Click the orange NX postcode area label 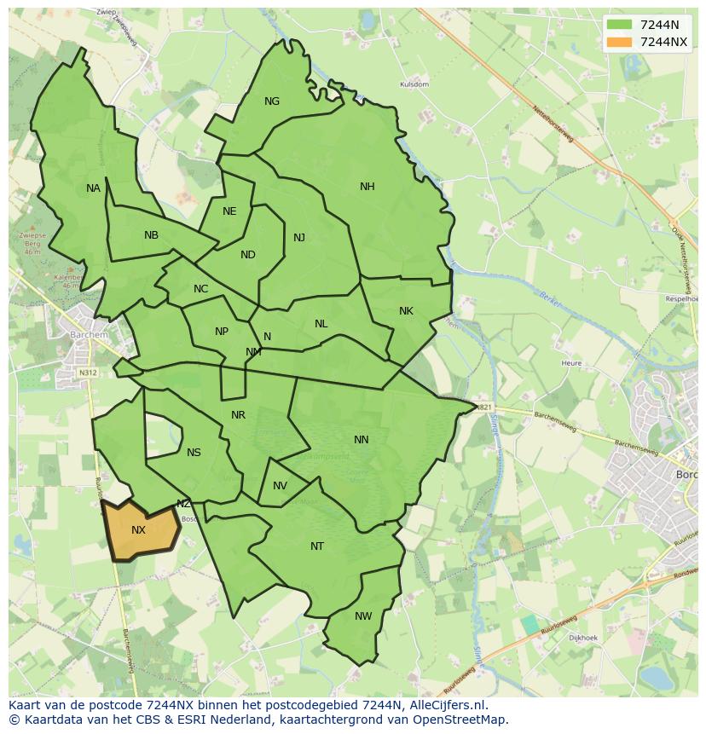coord(138,530)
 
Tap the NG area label coord(272,101)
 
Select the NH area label coord(367,187)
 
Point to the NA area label coord(93,188)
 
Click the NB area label coord(151,235)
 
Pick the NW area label coord(363,616)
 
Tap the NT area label coord(317,546)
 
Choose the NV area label coord(280,486)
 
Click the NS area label coord(194,453)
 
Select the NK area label coord(406,311)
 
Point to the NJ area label coord(299,238)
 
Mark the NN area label coord(362,440)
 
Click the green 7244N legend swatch coord(620,26)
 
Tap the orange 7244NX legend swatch coord(620,42)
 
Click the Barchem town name coord(90,335)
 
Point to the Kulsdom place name coord(414,85)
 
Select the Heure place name coord(571,363)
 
